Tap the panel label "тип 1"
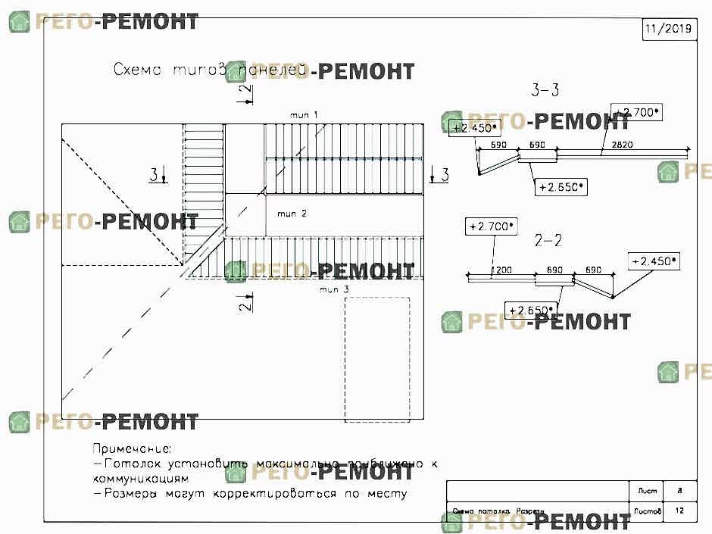(304, 114)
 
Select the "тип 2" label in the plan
(292, 214)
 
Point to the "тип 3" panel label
(333, 289)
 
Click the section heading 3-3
(545, 91)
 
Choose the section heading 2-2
(548, 241)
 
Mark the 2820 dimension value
(621, 144)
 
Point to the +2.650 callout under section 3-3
(561, 186)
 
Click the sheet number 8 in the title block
(678, 491)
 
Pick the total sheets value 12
(678, 511)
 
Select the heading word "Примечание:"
(133, 449)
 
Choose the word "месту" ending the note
(389, 494)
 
